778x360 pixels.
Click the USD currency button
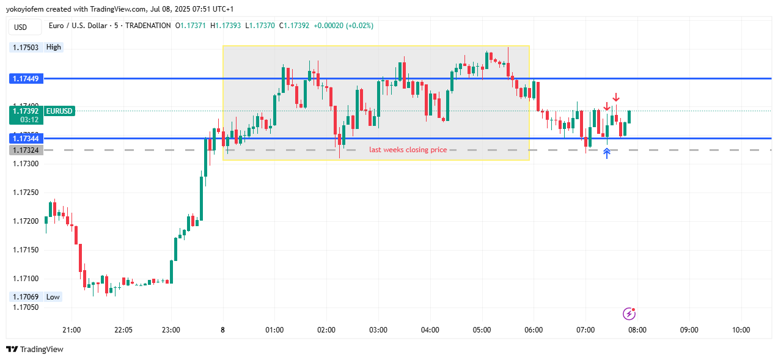point(21,27)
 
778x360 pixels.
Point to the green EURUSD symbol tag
point(59,111)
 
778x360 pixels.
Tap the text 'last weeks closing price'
point(408,150)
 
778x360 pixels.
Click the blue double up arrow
point(607,153)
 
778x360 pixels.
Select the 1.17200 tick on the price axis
point(25,221)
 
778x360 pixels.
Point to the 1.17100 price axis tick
point(25,279)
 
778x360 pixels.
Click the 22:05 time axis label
point(123,330)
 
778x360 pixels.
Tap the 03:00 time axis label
point(378,330)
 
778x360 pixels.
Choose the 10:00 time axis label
point(741,330)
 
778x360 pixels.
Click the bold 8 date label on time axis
point(222,330)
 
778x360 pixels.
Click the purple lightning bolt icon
point(629,314)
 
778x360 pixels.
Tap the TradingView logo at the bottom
point(35,350)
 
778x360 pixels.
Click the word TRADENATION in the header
point(148,26)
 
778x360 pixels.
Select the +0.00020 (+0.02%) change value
point(343,26)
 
